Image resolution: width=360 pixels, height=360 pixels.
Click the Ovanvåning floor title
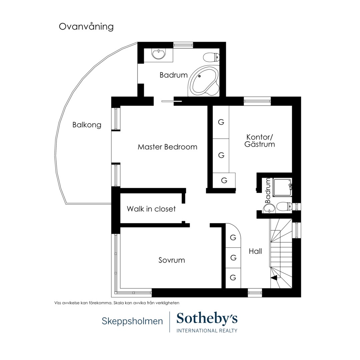[86, 27]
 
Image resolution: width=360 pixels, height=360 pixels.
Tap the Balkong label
[87, 125]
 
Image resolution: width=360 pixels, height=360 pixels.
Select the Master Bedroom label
[167, 147]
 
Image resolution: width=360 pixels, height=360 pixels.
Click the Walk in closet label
[151, 209]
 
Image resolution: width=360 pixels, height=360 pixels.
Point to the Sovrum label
[172, 260]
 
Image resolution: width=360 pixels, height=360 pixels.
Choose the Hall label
[255, 251]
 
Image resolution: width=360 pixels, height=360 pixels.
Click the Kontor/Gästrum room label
[260, 141]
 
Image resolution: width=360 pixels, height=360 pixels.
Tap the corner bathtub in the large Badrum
[203, 81]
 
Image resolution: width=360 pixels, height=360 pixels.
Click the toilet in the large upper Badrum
[211, 57]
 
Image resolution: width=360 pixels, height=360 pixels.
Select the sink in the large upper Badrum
[158, 54]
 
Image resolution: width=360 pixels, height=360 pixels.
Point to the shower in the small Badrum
[282, 187]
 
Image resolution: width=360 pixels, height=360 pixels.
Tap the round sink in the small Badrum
[269, 208]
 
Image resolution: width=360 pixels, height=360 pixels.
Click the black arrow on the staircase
[274, 278]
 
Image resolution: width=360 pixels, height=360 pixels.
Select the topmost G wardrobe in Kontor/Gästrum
[221, 122]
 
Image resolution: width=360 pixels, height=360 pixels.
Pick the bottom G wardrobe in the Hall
[233, 278]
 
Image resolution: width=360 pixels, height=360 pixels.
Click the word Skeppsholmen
[132, 321]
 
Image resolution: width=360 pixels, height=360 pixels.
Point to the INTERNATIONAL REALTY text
[207, 331]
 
